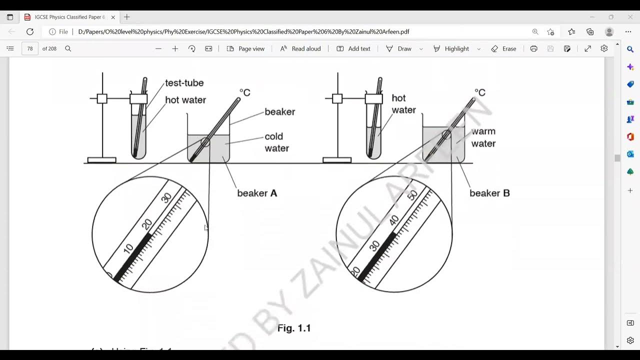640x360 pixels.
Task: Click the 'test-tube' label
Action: (x=184, y=83)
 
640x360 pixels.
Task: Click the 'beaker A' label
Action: (x=257, y=193)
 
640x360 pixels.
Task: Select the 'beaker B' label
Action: (x=489, y=193)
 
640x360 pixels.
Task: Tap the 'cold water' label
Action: (x=276, y=142)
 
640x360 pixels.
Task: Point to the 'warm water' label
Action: (x=483, y=137)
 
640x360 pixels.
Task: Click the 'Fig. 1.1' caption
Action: (x=294, y=328)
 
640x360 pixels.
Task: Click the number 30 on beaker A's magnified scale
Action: (x=167, y=198)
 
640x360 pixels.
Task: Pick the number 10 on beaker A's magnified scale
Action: (x=128, y=247)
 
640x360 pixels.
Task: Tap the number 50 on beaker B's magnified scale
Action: (x=412, y=195)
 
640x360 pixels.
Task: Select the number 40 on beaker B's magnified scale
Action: (x=394, y=220)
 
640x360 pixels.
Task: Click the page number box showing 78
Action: (x=30, y=48)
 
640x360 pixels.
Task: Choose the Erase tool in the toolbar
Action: (x=503, y=48)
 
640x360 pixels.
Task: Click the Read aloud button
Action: (x=300, y=48)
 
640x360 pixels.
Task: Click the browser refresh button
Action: (x=30, y=31)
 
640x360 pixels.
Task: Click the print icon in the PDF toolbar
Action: (x=533, y=48)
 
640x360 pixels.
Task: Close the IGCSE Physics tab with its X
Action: (x=113, y=17)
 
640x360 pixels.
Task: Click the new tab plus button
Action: (x=127, y=17)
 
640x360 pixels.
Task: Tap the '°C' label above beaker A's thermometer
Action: (x=244, y=92)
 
